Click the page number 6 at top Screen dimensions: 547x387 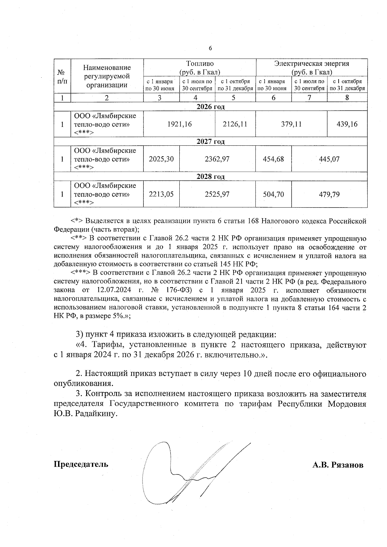pyautogui.click(x=210, y=48)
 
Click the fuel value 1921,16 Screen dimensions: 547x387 pyautogui.click(x=179, y=124)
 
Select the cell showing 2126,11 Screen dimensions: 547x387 pyautogui.click(x=235, y=124)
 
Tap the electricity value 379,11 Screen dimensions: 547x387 pyautogui.click(x=291, y=124)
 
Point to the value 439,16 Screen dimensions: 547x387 pyautogui.click(x=347, y=124)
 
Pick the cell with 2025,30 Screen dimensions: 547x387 pyautogui.click(x=161, y=159)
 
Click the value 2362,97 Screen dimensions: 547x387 pyautogui.click(x=217, y=159)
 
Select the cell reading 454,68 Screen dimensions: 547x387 pyautogui.click(x=273, y=159)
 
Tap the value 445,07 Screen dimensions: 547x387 pyautogui.click(x=329, y=159)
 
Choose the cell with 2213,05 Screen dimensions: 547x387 pyautogui.click(x=161, y=194)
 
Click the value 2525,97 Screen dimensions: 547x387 pyautogui.click(x=217, y=194)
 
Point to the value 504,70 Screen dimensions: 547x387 pyautogui.click(x=273, y=194)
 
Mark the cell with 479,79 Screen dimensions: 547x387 pyautogui.click(x=329, y=194)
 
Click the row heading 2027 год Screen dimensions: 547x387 pyautogui.click(x=210, y=142)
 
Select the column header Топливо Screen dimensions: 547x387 pyautogui.click(x=200, y=63)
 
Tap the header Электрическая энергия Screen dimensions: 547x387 pyautogui.click(x=312, y=63)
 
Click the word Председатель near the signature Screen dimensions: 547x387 pyautogui.click(x=81, y=464)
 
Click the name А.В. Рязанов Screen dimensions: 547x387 pyautogui.click(x=337, y=465)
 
